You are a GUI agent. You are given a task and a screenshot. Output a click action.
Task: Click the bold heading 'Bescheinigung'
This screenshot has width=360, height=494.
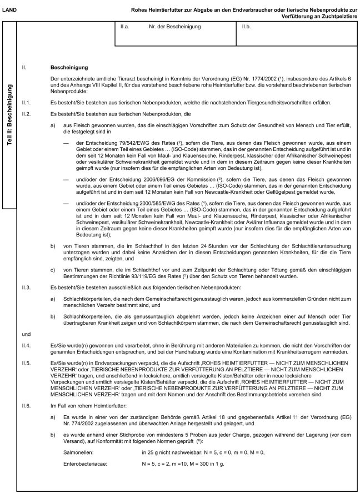click(x=67, y=67)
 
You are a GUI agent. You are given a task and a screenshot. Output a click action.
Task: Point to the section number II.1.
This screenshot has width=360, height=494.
click(x=27, y=103)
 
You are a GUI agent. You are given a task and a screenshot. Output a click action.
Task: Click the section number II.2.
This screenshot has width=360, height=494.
click(x=27, y=113)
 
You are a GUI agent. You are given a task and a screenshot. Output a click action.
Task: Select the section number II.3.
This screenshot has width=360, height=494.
click(x=27, y=287)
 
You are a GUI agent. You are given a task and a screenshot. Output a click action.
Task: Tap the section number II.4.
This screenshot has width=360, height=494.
click(x=27, y=346)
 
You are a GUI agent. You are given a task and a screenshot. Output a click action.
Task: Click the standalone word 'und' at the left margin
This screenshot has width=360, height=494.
click(x=26, y=335)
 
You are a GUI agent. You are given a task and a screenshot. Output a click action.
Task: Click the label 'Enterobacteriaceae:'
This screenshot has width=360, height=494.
click(x=86, y=463)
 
